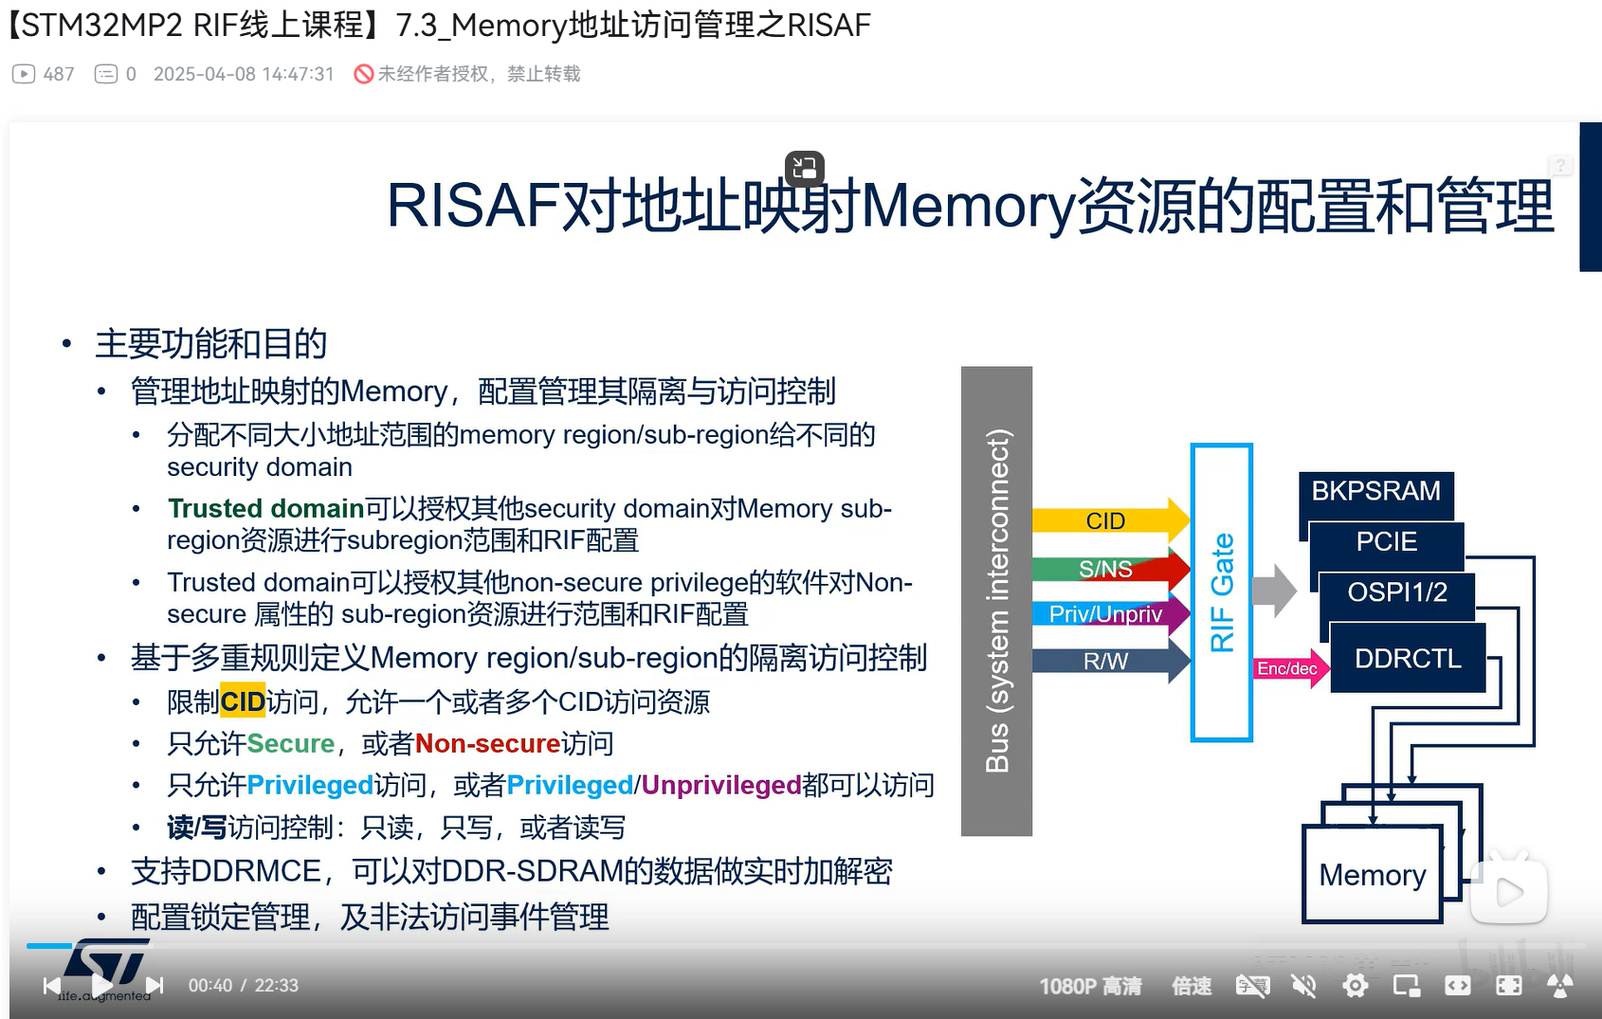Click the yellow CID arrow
pos(1111,519)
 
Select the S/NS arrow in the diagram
pos(1111,569)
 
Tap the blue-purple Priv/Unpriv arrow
pos(1111,613)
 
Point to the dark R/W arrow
pos(1111,661)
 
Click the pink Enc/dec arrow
pos(1291,668)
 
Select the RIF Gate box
pos(1222,592)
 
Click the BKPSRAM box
pos(1376,491)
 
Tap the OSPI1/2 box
pos(1396,592)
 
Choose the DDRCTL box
pos(1408,658)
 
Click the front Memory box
pos(1373,874)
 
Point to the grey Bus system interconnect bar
pos(996,601)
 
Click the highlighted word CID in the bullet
pos(243,702)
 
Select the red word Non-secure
pos(488,744)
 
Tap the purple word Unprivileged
pos(720,785)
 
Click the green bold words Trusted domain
pos(266,508)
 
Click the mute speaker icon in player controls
pos(1304,986)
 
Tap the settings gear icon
pos(1356,986)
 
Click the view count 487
pos(59,74)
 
